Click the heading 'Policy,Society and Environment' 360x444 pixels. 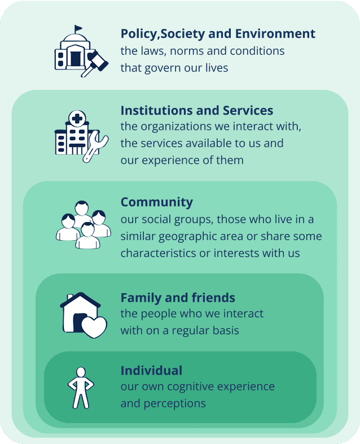tap(218, 34)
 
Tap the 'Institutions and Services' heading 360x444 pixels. tap(197, 110)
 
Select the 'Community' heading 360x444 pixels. tap(156, 202)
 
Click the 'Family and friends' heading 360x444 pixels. tap(178, 298)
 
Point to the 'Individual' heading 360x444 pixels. tap(151, 371)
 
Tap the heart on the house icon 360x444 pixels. tap(93, 326)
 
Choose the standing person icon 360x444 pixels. tap(80, 387)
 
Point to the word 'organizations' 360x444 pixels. tap(176, 127)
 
